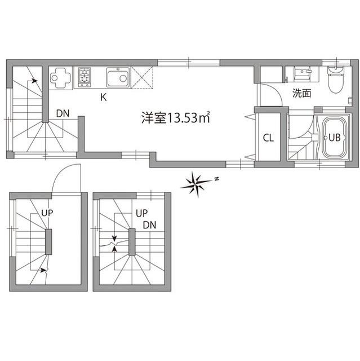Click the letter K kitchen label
pyautogui.click(x=103, y=96)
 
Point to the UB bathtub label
pyautogui.click(x=334, y=137)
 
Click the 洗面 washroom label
pyautogui.click(x=301, y=94)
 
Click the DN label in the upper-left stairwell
pyautogui.click(x=63, y=113)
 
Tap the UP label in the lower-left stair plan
pyautogui.click(x=47, y=213)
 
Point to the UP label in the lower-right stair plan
pyautogui.click(x=141, y=213)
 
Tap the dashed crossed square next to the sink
pyautogui.click(x=143, y=77)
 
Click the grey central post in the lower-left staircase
pyautogui.click(x=48, y=243)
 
